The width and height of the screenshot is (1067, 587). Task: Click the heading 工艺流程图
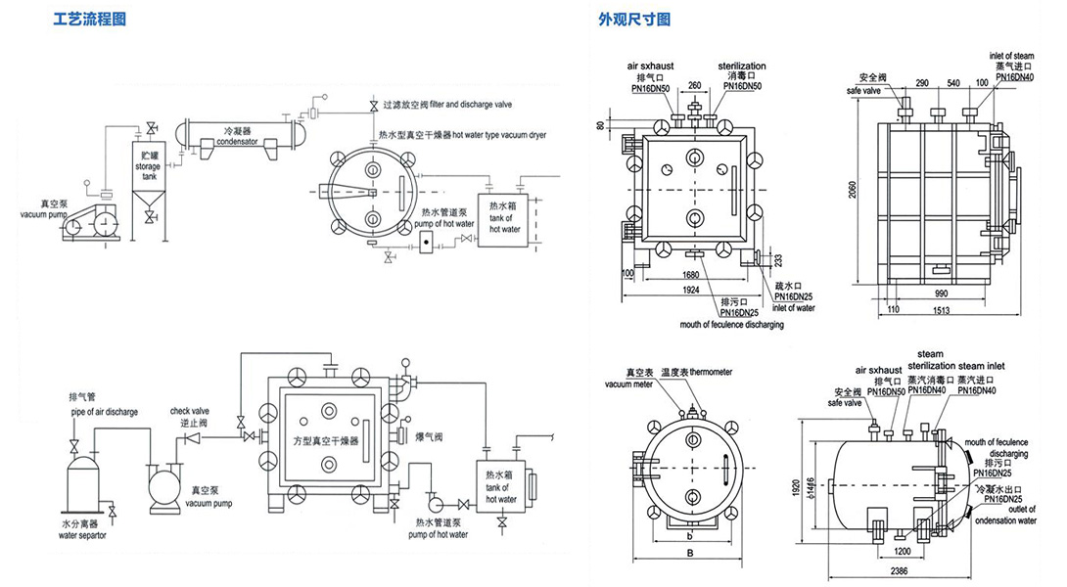coord(89,20)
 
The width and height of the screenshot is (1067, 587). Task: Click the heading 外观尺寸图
coord(634,20)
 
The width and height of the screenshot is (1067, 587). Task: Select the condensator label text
coord(238,140)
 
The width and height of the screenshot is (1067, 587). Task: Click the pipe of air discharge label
coord(103,411)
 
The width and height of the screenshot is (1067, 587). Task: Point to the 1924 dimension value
coord(691,292)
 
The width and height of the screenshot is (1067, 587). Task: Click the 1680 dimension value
coord(691,276)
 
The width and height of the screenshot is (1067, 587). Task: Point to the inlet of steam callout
coord(1012,56)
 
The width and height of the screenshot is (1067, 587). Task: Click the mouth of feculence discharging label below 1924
coord(732,324)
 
